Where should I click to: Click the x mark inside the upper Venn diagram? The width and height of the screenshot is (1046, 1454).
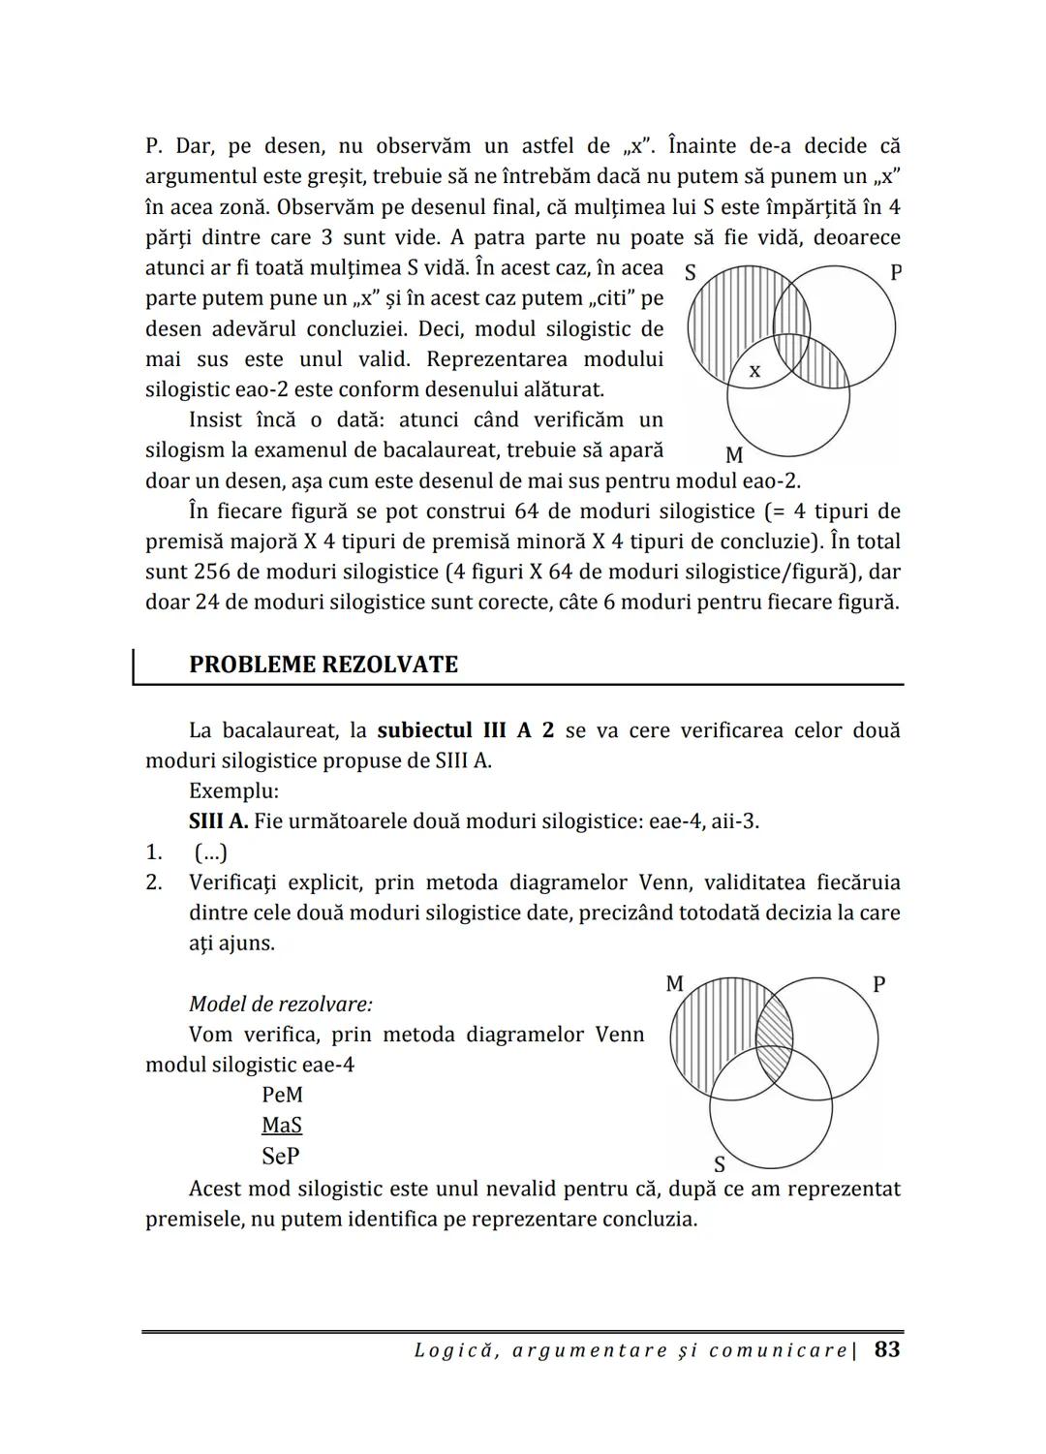point(755,370)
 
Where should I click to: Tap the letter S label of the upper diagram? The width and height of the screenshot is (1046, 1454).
point(691,273)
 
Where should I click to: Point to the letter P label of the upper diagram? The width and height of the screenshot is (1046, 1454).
point(895,272)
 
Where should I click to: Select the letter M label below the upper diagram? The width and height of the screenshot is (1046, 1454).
point(733,455)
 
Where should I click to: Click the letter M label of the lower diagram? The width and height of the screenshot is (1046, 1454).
point(675,984)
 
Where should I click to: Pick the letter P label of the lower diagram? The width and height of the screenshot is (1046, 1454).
point(878,984)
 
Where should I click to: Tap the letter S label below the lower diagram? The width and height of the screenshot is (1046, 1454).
point(720,1164)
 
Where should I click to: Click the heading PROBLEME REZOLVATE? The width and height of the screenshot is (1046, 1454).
point(323,665)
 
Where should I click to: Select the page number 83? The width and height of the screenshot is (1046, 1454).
point(886,1349)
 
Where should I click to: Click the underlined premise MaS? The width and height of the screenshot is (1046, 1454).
point(282,1125)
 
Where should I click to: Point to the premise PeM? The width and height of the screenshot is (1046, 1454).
point(282,1095)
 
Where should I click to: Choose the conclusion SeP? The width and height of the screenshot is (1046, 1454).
point(281,1156)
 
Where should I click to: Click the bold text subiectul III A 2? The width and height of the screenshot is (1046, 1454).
point(466,730)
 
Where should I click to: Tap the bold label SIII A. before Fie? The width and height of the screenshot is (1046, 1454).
point(218,821)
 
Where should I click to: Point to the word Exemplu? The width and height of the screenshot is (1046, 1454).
point(233,790)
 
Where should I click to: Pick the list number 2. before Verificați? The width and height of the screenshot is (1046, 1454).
point(153,882)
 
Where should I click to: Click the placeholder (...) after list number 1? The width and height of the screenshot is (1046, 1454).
point(210,852)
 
